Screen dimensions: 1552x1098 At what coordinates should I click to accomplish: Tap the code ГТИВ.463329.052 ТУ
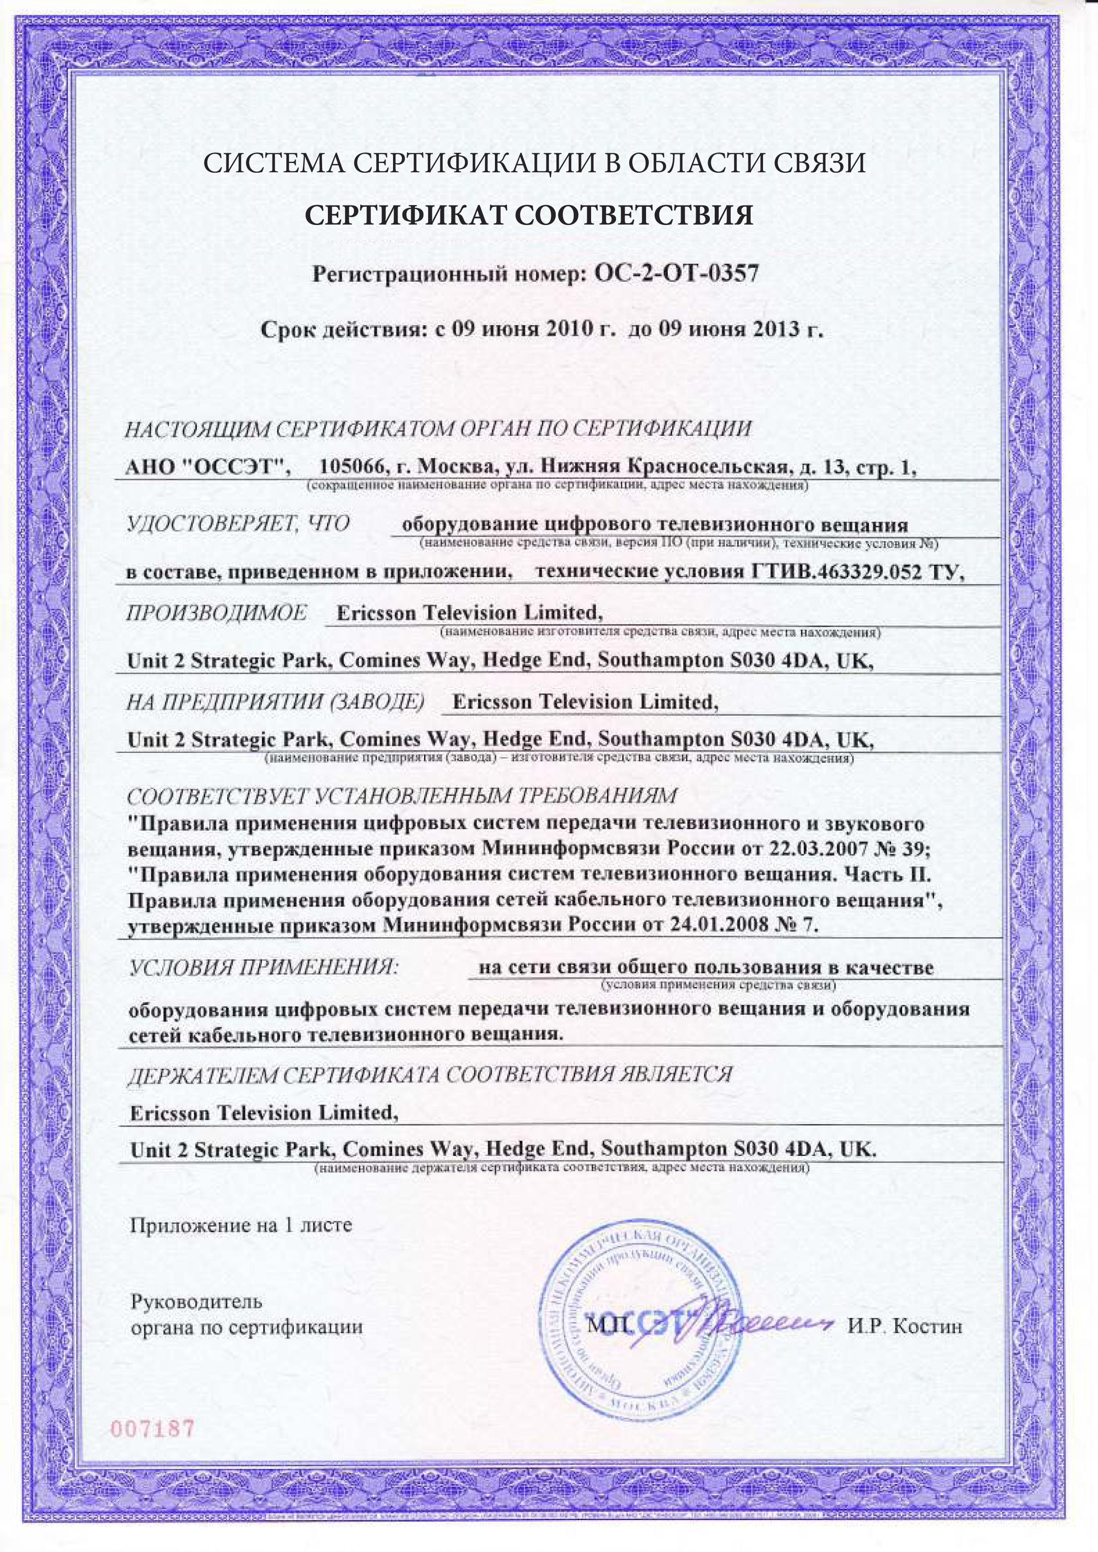[x=857, y=572]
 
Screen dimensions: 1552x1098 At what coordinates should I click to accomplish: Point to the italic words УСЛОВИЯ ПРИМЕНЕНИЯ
[x=264, y=967]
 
